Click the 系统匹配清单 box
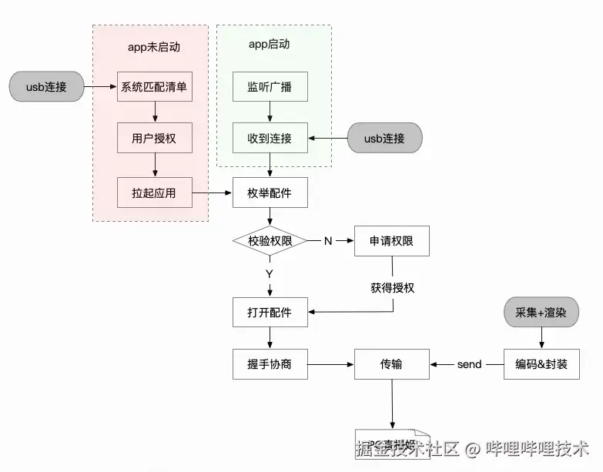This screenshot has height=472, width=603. [154, 87]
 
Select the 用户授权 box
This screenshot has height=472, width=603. [154, 139]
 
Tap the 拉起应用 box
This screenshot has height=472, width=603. [154, 192]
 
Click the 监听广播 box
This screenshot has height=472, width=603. [270, 87]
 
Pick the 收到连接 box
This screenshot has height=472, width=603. [270, 139]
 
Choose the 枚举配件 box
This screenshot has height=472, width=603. [270, 192]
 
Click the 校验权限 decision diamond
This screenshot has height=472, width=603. [270, 241]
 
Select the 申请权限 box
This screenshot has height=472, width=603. [391, 241]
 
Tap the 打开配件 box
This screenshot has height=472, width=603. [270, 312]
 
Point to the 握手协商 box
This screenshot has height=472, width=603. [270, 363]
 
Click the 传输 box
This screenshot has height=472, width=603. [391, 363]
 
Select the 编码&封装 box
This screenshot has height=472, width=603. [541, 363]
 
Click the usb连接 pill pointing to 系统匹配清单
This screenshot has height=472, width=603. [45, 86]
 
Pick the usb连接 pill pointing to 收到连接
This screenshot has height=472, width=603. [384, 139]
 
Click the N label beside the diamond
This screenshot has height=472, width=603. [327, 241]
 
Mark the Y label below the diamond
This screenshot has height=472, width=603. [270, 273]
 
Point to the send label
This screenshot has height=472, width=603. [469, 364]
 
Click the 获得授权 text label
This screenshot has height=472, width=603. [392, 287]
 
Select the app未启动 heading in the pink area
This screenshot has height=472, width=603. [153, 47]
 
